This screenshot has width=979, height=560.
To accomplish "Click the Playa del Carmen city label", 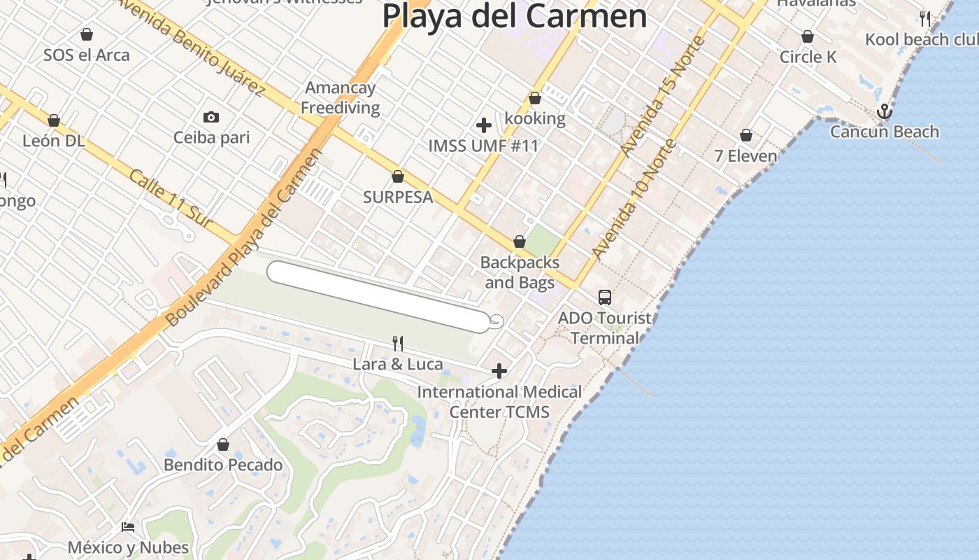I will [515, 15].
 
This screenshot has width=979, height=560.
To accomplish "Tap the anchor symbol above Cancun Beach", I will [885, 111].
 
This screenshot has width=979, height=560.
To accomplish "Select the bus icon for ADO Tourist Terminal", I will [605, 297].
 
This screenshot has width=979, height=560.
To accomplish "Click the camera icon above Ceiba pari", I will [210, 117].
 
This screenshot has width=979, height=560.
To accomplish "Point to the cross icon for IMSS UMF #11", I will [483, 126].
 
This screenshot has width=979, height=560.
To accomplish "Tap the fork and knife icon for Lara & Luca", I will [398, 343].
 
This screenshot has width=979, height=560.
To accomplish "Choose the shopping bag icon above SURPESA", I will [398, 176].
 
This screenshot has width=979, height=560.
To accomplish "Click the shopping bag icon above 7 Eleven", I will [746, 135].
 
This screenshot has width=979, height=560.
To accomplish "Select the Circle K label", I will [808, 57].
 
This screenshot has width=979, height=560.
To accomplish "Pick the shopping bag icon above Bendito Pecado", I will [223, 444].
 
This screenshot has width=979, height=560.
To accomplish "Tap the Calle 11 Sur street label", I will [171, 198].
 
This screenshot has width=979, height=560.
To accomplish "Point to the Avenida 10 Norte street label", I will [634, 199].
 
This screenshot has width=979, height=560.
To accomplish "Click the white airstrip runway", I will [378, 296].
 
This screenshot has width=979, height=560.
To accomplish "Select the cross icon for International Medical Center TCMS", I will [499, 371].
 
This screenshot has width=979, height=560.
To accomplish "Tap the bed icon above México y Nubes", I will [128, 526].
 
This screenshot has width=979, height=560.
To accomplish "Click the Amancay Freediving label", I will [341, 98].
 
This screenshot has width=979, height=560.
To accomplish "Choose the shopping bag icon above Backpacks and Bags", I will [520, 241].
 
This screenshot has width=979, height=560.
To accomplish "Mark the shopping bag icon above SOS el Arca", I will [87, 34].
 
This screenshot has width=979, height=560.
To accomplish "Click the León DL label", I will [53, 141].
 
